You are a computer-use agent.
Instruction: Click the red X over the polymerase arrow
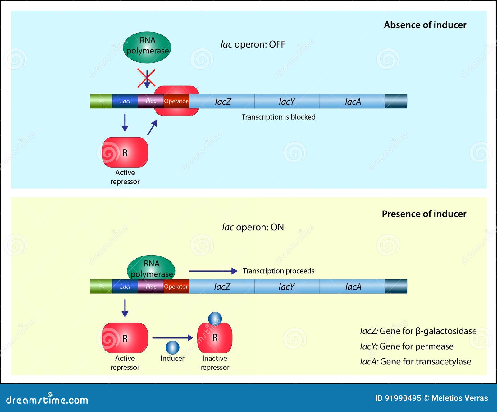click(x=146, y=78)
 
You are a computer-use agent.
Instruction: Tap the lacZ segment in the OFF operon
click(x=222, y=102)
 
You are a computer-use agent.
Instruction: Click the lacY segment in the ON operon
click(x=286, y=287)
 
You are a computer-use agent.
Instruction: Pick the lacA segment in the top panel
click(x=353, y=102)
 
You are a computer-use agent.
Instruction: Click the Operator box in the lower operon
click(x=176, y=287)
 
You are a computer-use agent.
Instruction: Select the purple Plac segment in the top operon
click(x=151, y=101)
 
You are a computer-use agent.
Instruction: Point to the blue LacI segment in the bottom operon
click(x=125, y=287)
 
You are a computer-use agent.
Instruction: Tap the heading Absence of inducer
click(x=425, y=25)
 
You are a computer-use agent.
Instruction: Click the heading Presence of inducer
click(x=424, y=214)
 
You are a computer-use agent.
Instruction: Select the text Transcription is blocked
click(x=278, y=117)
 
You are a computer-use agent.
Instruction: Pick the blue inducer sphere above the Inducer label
click(x=172, y=347)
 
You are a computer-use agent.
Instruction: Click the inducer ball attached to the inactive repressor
click(x=215, y=319)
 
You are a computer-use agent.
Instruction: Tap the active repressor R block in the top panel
click(x=125, y=152)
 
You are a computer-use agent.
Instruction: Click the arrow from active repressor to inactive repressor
click(x=172, y=338)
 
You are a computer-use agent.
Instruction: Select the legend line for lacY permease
click(x=406, y=346)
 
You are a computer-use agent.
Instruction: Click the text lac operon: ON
click(x=253, y=227)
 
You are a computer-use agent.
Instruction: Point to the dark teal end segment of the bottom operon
click(x=396, y=287)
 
